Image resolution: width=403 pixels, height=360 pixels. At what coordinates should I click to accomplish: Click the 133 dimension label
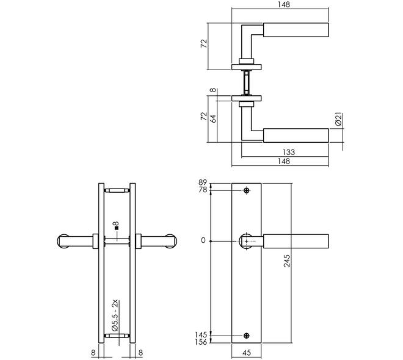[x=289, y=153]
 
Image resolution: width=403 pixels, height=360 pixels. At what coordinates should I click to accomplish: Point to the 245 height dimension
[x=287, y=261]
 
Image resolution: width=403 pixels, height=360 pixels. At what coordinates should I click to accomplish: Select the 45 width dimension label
[x=247, y=353]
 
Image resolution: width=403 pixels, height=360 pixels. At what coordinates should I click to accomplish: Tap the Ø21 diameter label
[x=339, y=119]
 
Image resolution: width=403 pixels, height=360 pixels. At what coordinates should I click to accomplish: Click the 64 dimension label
[x=213, y=118]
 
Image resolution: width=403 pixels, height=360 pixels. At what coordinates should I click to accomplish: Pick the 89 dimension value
[x=203, y=182]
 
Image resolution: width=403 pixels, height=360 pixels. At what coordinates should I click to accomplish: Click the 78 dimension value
[x=203, y=190]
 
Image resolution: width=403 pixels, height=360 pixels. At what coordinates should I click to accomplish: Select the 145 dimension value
[x=201, y=335]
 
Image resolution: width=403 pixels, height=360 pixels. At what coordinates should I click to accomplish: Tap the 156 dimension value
[x=201, y=342]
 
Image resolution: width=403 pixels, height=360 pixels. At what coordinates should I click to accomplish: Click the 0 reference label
[x=203, y=240]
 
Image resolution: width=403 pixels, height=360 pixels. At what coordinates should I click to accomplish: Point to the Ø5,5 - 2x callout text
[x=115, y=315]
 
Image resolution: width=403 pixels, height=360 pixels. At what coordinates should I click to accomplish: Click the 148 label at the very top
[x=284, y=5]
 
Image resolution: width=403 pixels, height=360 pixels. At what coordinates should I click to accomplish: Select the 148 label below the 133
[x=284, y=161]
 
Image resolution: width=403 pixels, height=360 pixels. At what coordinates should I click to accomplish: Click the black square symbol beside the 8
[x=117, y=228]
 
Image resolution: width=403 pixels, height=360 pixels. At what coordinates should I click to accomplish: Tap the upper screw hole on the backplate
[x=247, y=190]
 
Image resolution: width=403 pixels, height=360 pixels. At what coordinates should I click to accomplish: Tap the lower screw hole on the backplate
[x=247, y=336]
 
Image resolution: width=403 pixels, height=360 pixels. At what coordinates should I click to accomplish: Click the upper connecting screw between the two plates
[x=117, y=190]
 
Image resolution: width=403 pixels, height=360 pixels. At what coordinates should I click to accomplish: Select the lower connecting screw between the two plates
[x=117, y=336]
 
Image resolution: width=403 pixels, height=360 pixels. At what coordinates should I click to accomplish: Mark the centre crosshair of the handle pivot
[x=247, y=242]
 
